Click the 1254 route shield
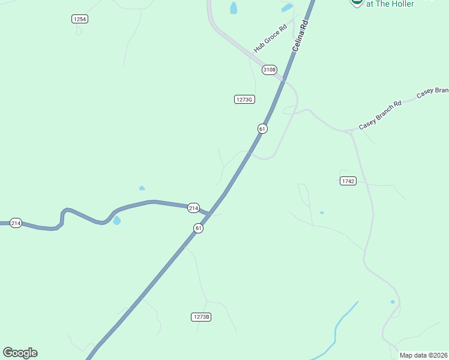(x=80, y=19)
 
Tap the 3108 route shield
(x=269, y=70)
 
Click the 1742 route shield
(x=348, y=181)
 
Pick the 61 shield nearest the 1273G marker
(x=262, y=128)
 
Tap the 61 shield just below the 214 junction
(x=198, y=228)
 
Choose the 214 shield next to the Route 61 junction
(x=193, y=208)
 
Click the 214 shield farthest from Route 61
(x=16, y=223)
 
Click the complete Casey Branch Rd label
(x=380, y=116)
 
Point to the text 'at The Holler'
(x=390, y=4)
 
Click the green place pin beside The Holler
(x=357, y=2)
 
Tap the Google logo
(x=20, y=353)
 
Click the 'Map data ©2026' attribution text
(x=424, y=355)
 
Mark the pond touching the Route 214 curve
(x=116, y=221)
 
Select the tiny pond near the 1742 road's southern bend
(x=393, y=302)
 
